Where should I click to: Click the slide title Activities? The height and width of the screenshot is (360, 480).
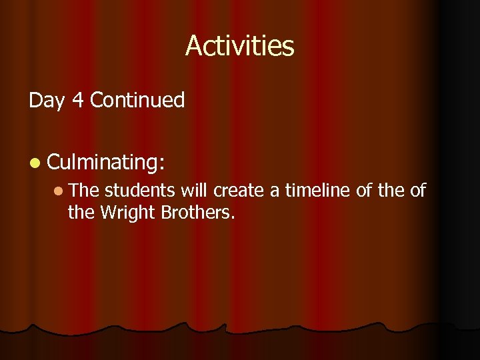[x=239, y=46]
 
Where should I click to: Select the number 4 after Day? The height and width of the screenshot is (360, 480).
[x=75, y=101]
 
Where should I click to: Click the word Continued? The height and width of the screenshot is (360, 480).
[x=137, y=101]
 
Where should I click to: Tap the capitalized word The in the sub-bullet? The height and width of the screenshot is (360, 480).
[x=83, y=191]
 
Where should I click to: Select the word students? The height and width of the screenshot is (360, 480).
[x=140, y=191]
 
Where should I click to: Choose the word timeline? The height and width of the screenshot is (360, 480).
[x=317, y=191]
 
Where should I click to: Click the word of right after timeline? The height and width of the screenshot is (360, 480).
[x=365, y=191]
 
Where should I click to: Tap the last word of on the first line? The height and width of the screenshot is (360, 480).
[x=417, y=191]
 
